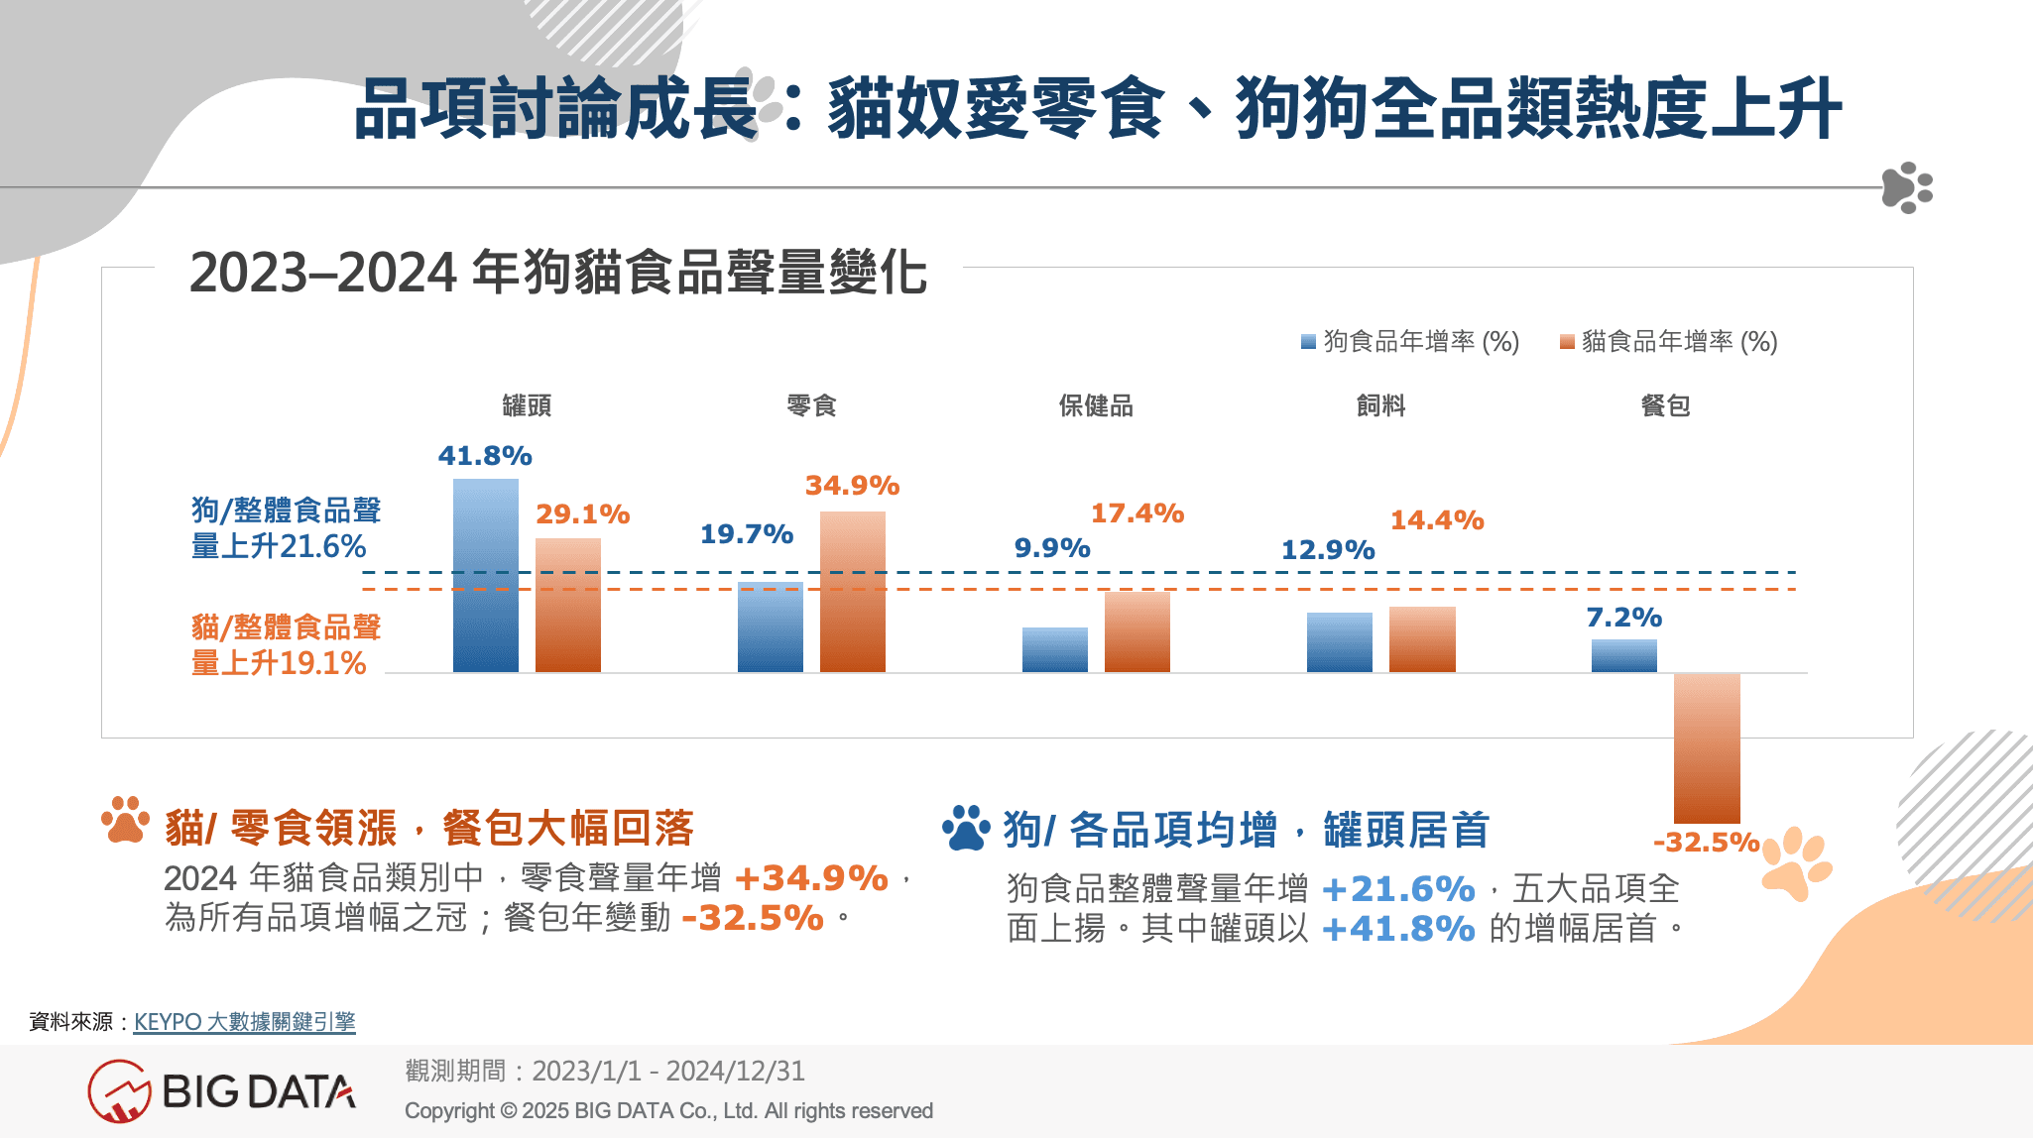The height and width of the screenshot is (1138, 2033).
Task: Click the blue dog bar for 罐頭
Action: (x=485, y=575)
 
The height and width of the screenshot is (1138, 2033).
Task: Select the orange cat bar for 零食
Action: (x=852, y=592)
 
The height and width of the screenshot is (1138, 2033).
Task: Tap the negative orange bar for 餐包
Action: (x=1707, y=748)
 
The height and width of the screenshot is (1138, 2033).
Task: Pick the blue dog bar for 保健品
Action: (x=1054, y=649)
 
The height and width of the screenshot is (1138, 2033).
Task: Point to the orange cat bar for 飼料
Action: (x=1422, y=639)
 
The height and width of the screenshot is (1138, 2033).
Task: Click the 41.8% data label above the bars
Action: (x=485, y=456)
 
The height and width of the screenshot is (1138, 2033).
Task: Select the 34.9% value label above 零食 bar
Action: (x=852, y=486)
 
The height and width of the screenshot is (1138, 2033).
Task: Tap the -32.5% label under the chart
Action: (x=1706, y=843)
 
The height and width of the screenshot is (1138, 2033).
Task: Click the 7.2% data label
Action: (x=1623, y=618)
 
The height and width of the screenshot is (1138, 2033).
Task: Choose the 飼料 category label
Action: (x=1380, y=405)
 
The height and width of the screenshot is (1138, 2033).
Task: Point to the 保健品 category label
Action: (x=1096, y=405)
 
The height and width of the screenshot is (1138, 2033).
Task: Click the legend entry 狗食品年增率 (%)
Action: (x=1410, y=342)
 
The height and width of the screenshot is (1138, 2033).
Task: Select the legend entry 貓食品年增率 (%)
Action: (x=1669, y=342)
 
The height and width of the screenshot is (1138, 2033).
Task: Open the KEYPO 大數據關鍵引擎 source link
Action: (x=244, y=1021)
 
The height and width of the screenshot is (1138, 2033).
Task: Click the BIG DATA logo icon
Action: (x=119, y=1091)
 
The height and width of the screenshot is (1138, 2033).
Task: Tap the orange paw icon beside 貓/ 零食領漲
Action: (x=125, y=821)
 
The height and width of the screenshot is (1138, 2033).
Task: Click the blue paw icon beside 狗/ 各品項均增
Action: (x=966, y=829)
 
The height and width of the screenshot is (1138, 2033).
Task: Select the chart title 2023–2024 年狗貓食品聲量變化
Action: (x=558, y=273)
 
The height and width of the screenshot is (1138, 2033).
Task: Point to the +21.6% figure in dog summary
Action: (x=1398, y=889)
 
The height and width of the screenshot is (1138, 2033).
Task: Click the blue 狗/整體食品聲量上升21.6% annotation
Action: (x=286, y=528)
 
